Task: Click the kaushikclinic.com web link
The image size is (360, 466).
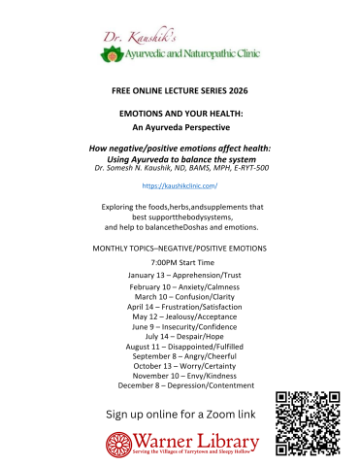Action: pos(179,183)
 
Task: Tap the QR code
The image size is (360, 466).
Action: pos(307,423)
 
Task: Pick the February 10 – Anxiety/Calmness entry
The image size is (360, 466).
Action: pos(180,287)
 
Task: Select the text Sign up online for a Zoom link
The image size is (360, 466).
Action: pos(180,416)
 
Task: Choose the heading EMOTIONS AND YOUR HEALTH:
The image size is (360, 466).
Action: pos(180,114)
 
